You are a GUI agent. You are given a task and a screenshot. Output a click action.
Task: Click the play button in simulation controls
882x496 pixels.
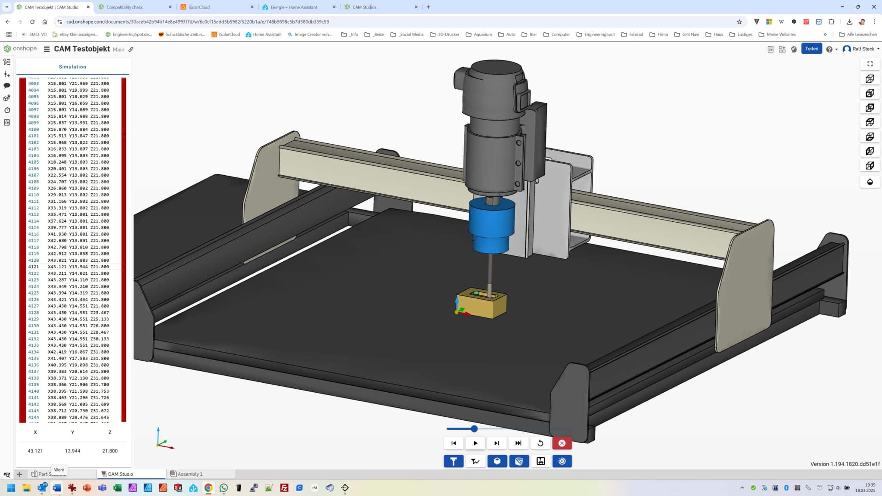(x=475, y=443)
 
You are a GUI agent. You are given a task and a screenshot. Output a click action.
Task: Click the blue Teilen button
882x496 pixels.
(x=811, y=49)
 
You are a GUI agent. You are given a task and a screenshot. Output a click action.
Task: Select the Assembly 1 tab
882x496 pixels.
(x=189, y=474)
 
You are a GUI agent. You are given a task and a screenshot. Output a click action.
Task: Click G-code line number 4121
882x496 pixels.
(x=34, y=267)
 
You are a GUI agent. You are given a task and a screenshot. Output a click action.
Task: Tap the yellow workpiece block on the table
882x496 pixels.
(x=482, y=307)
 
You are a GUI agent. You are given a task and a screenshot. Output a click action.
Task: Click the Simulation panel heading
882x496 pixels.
(x=72, y=67)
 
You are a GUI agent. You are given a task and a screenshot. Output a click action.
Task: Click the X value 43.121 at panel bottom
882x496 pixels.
(x=35, y=451)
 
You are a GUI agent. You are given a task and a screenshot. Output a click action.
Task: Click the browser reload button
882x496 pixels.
(x=32, y=22)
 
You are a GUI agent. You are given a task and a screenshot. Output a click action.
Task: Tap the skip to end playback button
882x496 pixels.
(x=518, y=443)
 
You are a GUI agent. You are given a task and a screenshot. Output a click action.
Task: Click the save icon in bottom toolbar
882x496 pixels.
(x=540, y=461)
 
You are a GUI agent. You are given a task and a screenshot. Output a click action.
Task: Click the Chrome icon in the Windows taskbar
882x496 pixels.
(x=208, y=488)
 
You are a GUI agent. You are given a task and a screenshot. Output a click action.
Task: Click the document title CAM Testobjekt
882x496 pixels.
(x=82, y=49)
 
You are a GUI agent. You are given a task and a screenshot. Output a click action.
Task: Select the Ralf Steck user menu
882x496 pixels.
(x=860, y=49)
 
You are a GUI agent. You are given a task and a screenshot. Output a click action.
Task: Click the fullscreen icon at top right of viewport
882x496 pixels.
(x=870, y=64)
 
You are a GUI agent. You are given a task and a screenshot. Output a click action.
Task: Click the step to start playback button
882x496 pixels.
(x=453, y=443)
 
